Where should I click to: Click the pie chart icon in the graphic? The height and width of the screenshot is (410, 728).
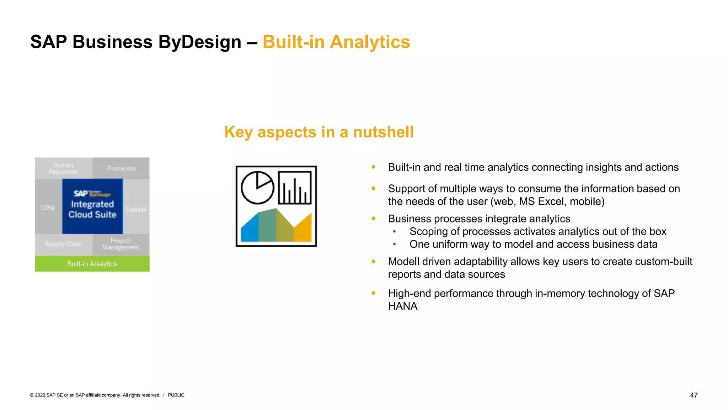pyautogui.click(x=258, y=188)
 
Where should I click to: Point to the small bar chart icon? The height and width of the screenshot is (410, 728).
pyautogui.click(x=295, y=188)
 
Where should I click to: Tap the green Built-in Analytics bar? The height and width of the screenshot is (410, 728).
pyautogui.click(x=92, y=264)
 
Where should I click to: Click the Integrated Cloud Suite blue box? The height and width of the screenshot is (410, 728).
pyautogui.click(x=92, y=206)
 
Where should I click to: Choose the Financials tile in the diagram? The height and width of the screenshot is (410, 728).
pyautogui.click(x=122, y=168)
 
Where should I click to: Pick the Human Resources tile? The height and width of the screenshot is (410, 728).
pyautogui.click(x=63, y=168)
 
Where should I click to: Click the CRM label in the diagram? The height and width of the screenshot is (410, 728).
pyautogui.click(x=48, y=208)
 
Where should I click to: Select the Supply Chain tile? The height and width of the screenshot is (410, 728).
pyautogui.click(x=64, y=244)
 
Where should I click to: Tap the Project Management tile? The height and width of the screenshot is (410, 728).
pyautogui.click(x=121, y=244)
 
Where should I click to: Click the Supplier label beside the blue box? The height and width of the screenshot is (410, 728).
pyautogui.click(x=136, y=210)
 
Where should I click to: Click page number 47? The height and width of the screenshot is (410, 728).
pyautogui.click(x=694, y=395)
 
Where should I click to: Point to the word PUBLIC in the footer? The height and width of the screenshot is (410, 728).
pyautogui.click(x=176, y=395)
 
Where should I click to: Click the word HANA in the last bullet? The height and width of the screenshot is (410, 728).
pyautogui.click(x=402, y=306)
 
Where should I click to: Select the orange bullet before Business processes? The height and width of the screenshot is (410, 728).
pyautogui.click(x=373, y=219)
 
